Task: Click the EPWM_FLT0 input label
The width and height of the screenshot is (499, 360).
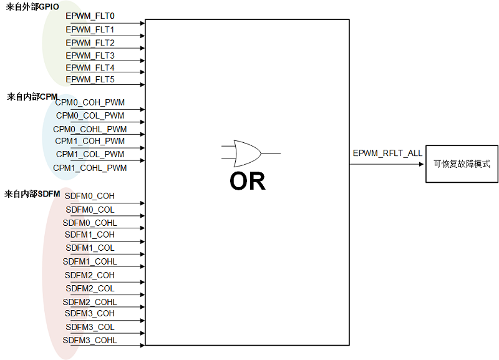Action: pos(90,16)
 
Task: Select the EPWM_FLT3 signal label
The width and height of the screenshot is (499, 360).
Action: pos(90,56)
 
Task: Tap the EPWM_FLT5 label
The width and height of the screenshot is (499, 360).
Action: pos(90,80)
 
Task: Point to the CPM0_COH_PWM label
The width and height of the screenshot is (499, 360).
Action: pos(90,102)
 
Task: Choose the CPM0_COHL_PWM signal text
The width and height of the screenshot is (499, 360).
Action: pos(90,129)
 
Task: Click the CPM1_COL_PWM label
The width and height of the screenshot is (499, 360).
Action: pos(90,154)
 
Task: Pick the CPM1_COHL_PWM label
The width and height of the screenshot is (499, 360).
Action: pos(90,168)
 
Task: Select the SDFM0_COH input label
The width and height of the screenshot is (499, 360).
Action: pos(89,196)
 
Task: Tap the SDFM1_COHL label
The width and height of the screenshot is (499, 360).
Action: pos(90,261)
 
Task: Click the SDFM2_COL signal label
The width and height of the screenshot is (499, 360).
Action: pos(90,289)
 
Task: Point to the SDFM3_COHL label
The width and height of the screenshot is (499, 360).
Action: pos(90,341)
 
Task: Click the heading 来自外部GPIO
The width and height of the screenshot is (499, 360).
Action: pos(32,7)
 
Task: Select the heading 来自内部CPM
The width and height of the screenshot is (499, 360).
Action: pos(32,97)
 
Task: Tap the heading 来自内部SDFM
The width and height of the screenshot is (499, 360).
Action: pos(32,194)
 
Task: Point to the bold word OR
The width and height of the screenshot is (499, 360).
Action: pos(248,181)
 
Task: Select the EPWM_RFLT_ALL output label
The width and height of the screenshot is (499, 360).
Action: pos(387,153)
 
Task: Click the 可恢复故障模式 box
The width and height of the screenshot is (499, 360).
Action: pos(462,164)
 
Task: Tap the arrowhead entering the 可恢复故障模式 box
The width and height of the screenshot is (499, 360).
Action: pos(422,164)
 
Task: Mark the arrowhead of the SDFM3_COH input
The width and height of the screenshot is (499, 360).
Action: pos(142,321)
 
